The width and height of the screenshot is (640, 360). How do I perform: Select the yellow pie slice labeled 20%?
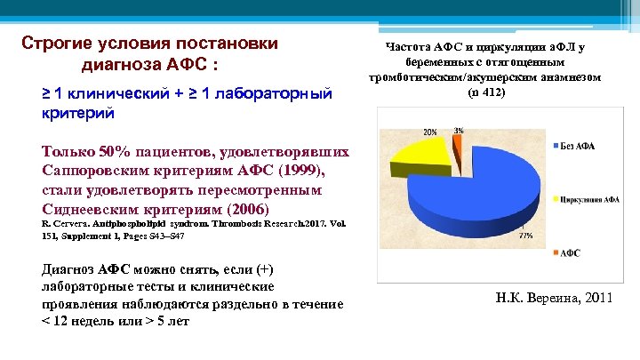tap(422, 160)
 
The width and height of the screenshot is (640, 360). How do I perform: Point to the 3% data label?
tap(458, 131)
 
